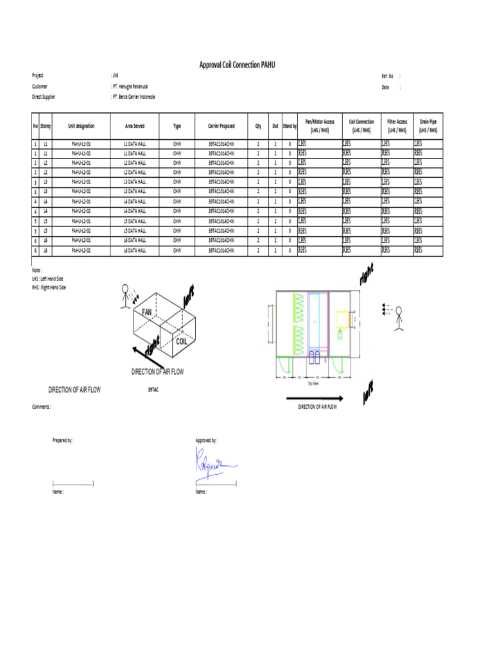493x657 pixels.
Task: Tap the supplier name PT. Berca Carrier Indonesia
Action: [x=134, y=97]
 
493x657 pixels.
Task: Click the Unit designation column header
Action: [x=81, y=126]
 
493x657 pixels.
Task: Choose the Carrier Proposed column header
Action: [x=221, y=126]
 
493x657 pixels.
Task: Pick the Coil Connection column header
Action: [x=361, y=126]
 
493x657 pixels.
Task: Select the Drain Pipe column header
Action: [x=428, y=126]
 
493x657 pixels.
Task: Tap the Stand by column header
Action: [x=290, y=126]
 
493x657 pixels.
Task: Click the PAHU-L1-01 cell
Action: [x=81, y=145]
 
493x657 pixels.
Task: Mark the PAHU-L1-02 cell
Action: [x=81, y=154]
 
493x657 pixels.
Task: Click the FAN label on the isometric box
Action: [x=146, y=311]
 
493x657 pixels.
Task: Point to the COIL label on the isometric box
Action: [x=182, y=343]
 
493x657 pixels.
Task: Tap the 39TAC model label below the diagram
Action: [x=153, y=389]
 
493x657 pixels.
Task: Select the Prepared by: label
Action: [x=62, y=440]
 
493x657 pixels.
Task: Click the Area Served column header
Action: [x=135, y=126]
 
